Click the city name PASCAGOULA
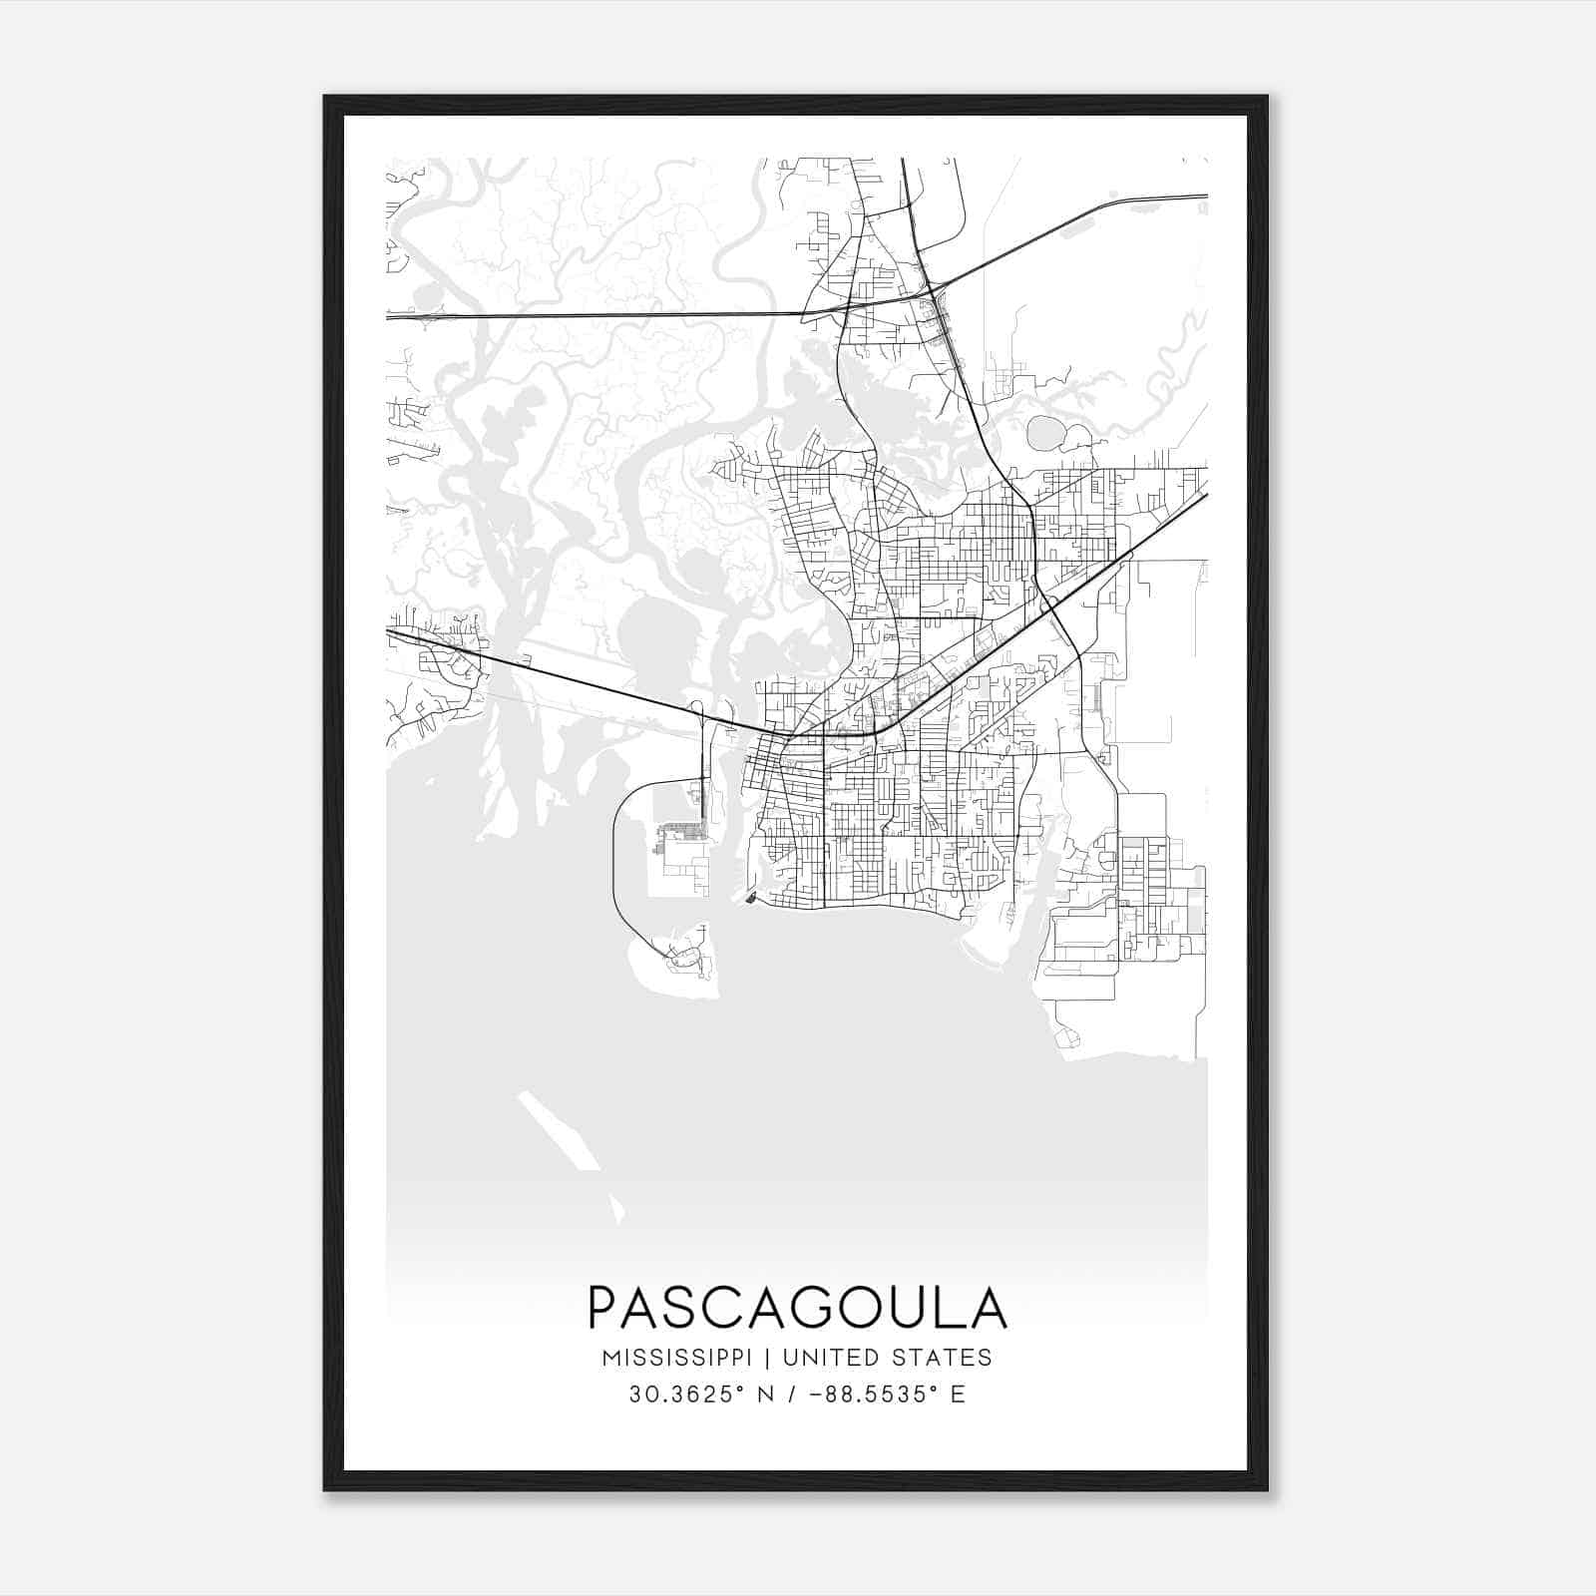coord(797,1308)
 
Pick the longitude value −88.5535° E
coord(878,1395)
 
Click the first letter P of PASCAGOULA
coord(605,1308)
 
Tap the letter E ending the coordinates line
coord(958,1395)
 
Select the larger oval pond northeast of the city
coord(1046,433)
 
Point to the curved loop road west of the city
coord(615,868)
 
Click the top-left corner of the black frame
coord(326,98)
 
